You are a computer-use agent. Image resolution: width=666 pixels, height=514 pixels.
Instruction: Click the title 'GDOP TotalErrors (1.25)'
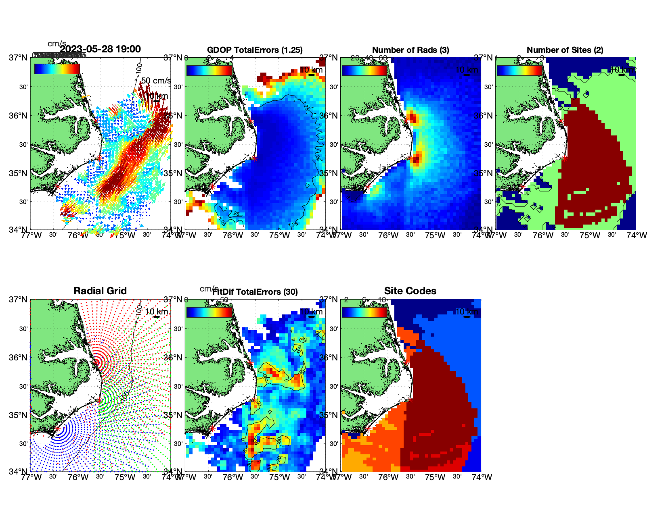(x=255, y=50)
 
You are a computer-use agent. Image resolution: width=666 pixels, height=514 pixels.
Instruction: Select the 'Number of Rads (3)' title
(x=410, y=50)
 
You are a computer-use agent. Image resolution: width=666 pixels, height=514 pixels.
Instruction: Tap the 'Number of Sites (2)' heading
(x=565, y=50)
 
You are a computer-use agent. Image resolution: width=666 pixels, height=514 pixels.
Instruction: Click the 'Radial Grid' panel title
(x=100, y=291)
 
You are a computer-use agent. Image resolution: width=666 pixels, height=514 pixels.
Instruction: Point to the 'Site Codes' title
(x=410, y=291)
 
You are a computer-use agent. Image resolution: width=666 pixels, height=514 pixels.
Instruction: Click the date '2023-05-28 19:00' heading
(x=100, y=49)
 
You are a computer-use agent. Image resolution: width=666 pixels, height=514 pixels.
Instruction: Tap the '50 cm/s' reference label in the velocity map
(x=156, y=81)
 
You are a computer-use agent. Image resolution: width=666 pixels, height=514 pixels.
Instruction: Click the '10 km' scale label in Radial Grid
(x=157, y=312)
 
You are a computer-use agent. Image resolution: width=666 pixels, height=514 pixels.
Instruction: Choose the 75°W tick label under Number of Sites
(x=590, y=235)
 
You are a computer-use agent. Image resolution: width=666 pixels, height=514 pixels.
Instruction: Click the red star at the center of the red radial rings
(x=97, y=362)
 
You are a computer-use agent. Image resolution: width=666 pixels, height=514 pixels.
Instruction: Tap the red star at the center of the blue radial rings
(x=57, y=429)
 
